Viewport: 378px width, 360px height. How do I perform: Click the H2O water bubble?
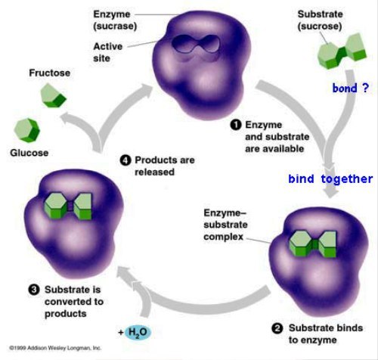[x=138, y=333]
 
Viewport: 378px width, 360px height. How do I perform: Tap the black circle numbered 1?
[x=236, y=125]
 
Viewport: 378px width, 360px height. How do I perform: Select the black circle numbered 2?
[x=277, y=328]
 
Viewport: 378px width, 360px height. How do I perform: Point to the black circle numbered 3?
[x=34, y=290]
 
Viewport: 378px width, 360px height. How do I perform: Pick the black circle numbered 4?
[x=125, y=160]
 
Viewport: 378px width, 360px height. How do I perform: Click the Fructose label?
[x=50, y=73]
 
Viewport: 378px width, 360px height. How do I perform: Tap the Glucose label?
[x=29, y=153]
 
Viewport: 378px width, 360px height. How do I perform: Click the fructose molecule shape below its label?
[x=53, y=96]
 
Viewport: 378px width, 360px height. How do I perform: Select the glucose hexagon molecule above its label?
[x=27, y=130]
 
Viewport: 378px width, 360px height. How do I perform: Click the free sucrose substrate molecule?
[x=342, y=51]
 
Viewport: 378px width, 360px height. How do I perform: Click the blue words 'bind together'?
[x=330, y=179]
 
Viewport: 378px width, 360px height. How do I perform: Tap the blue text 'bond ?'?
[x=351, y=88]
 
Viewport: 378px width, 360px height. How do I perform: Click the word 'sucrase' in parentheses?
[x=115, y=26]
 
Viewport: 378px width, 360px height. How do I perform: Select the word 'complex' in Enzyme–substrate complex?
[x=224, y=237]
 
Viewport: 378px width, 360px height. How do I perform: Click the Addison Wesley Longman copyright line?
[x=55, y=348]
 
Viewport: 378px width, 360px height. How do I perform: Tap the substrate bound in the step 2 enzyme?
[x=313, y=244]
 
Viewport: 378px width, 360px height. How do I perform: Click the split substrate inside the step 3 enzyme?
[x=68, y=206]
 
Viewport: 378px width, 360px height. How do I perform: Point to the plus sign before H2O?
[x=121, y=333]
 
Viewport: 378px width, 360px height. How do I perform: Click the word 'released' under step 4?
[x=154, y=172]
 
